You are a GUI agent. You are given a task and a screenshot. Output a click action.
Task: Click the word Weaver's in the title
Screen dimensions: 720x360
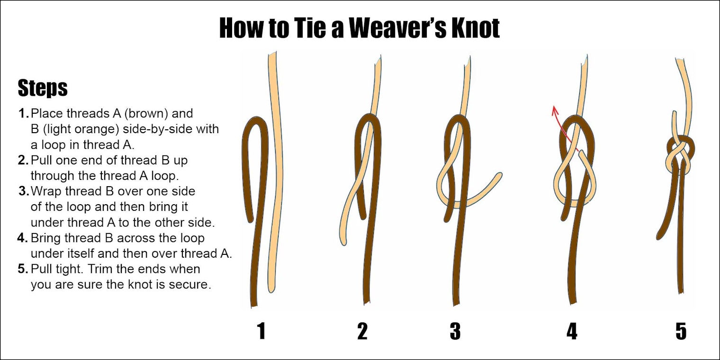[397, 28]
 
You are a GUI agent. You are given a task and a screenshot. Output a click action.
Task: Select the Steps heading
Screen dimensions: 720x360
[43, 88]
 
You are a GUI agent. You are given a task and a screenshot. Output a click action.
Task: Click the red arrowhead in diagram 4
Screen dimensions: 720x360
[555, 110]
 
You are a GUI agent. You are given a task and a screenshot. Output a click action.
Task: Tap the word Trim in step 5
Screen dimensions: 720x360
[99, 269]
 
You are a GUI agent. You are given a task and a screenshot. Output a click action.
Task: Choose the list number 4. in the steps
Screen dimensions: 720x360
[23, 238]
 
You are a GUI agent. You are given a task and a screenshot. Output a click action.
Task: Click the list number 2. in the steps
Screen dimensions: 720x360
[23, 160]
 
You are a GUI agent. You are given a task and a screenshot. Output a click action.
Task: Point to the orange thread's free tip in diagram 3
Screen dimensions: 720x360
[499, 175]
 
